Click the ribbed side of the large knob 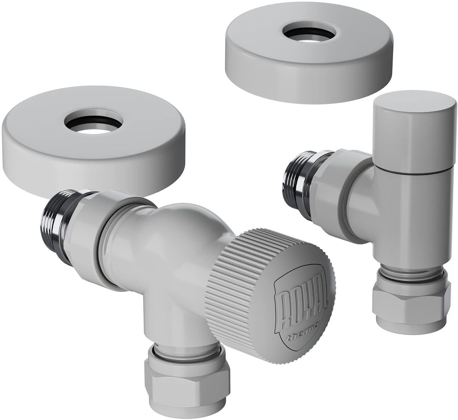point(231,292)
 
